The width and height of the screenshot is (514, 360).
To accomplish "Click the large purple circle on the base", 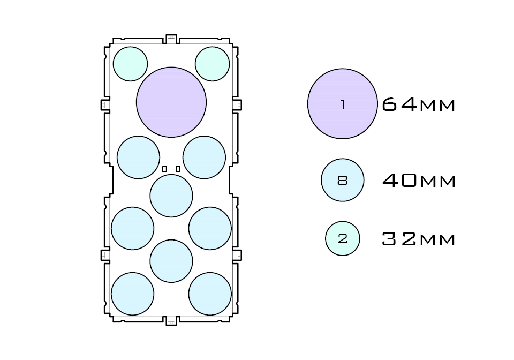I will coord(171,102).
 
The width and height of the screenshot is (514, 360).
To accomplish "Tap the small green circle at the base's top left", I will coord(130,64).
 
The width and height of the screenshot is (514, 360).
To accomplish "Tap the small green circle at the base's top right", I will coord(213,64).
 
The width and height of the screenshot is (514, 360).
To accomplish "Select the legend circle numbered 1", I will coord(342,104).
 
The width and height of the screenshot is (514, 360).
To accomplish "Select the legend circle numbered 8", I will coord(343,180).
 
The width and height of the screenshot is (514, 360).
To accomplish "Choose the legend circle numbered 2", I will coord(343,238).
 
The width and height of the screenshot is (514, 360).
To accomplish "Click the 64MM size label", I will coord(419,104).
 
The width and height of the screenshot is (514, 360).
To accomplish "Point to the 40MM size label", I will coord(419,181).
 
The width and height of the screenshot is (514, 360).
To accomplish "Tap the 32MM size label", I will coord(419,239).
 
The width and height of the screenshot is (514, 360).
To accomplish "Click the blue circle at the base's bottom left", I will coord(133,294).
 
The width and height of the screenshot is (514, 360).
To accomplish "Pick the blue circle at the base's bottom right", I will coord(210,294).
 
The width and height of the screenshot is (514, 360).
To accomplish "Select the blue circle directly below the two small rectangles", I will coord(171,196).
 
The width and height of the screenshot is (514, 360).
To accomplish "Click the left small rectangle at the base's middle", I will coord(165,169).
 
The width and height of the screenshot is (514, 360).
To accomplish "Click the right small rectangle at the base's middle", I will coord(178,169).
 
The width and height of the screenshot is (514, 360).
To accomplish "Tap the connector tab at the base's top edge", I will coord(171,38).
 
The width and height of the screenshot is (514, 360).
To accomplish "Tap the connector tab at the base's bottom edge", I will coord(171,321).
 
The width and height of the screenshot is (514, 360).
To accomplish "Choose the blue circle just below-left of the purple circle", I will coord(139,157).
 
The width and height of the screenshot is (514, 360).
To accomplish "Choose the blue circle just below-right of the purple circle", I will coord(204,157).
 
